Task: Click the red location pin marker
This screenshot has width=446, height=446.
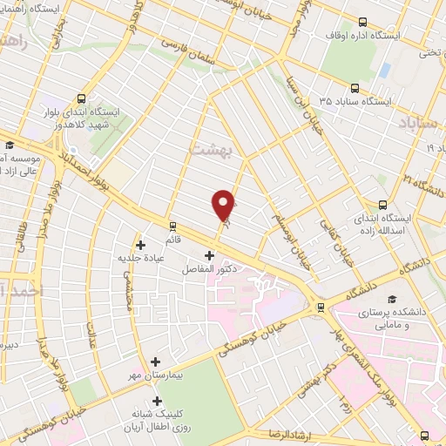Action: pyautogui.click(x=224, y=203)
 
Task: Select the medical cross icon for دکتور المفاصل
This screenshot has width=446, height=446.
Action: pyautogui.click(x=209, y=255)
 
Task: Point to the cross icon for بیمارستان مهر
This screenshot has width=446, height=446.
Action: pyautogui.click(x=156, y=361)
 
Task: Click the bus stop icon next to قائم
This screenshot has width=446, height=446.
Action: pyautogui.click(x=172, y=223)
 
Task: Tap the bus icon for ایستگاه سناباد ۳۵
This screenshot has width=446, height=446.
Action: pyautogui.click(x=355, y=87)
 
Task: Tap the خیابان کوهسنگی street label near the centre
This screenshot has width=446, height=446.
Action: pyautogui.click(x=272, y=334)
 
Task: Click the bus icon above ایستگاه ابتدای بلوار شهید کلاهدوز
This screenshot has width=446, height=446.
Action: pyautogui.click(x=82, y=98)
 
